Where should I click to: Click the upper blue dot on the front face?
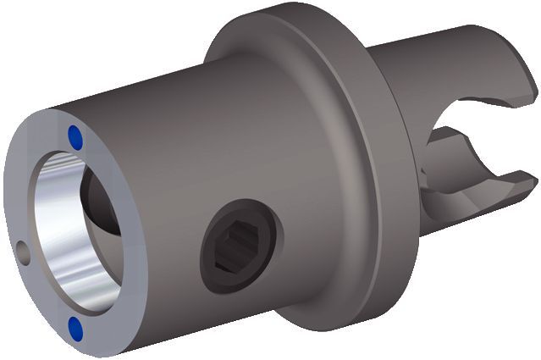(75, 134)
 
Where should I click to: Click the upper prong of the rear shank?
(474, 59)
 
